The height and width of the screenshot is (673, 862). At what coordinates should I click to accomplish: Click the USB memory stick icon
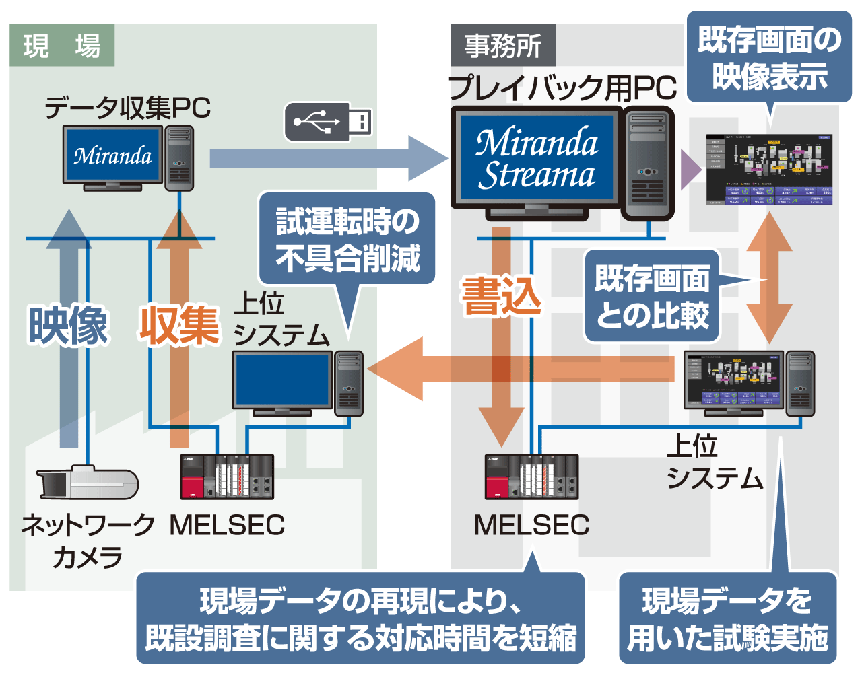(329, 122)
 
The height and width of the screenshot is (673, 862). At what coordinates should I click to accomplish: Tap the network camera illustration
(88, 483)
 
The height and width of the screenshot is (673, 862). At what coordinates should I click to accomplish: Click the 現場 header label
(62, 46)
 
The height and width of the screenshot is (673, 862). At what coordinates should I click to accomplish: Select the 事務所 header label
(502, 46)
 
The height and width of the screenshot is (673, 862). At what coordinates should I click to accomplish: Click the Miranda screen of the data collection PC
(112, 155)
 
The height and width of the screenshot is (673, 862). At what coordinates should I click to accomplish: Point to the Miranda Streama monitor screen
(537, 158)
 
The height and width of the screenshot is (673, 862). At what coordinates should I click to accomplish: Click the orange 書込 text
(501, 296)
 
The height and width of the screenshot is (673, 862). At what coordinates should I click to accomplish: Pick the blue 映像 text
(68, 325)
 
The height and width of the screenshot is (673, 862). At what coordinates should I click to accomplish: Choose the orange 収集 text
(180, 325)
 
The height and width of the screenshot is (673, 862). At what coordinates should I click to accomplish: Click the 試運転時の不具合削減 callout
(347, 240)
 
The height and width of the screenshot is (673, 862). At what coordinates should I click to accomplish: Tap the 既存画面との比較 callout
(652, 297)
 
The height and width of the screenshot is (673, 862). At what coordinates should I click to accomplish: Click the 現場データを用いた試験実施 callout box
(727, 618)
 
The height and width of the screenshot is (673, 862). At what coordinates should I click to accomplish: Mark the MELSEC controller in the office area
(531, 477)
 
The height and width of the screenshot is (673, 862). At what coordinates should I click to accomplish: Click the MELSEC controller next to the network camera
(227, 477)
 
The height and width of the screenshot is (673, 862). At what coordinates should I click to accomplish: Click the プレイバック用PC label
(562, 87)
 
